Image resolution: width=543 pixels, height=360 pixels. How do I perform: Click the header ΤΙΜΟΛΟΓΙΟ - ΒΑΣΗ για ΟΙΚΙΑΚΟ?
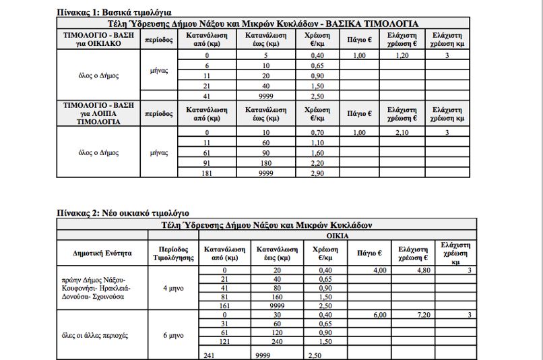98,39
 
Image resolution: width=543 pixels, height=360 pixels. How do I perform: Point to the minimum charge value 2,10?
403,133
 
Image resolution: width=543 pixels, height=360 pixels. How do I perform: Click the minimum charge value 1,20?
403,55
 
